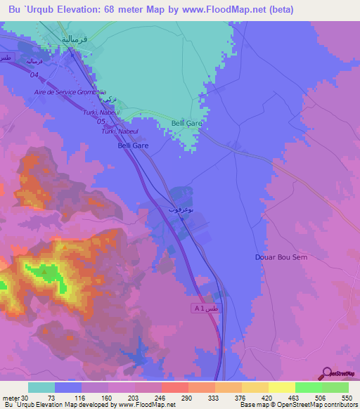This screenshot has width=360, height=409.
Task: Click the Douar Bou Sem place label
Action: (281, 257)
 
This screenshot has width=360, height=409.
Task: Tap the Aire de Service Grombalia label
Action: (70, 92)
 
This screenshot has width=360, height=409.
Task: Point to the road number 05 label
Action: (101, 120)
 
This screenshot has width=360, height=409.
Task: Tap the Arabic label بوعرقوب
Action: (179, 209)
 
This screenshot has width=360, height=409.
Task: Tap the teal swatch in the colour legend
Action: (41, 387)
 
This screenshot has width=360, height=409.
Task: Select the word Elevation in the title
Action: (77, 9)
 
